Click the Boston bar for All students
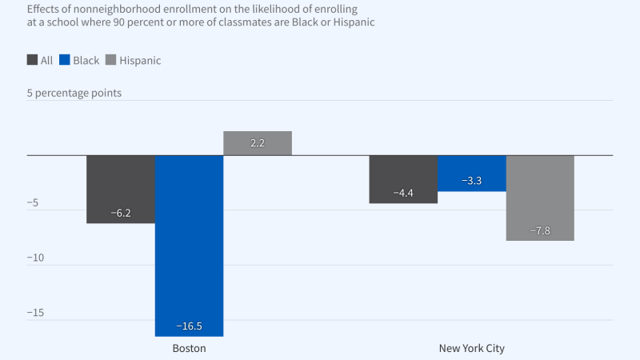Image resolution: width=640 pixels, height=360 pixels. click(x=120, y=189)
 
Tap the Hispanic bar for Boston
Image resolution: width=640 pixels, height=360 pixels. click(x=257, y=143)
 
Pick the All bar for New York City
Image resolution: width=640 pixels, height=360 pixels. click(x=403, y=179)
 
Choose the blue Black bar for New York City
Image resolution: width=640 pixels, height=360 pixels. click(x=472, y=173)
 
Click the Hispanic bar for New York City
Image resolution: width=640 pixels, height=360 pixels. click(x=540, y=198)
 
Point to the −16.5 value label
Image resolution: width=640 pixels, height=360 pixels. click(x=189, y=326)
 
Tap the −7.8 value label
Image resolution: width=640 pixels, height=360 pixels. click(x=540, y=231)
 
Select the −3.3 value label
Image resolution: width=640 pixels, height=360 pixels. click(x=472, y=182)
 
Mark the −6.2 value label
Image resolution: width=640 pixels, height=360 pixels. click(x=120, y=214)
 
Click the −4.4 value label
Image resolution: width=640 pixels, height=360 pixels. click(x=403, y=194)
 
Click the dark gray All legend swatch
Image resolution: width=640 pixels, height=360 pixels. click(x=32, y=60)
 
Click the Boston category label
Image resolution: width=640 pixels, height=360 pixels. click(x=189, y=349)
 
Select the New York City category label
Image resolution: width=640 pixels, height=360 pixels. click(x=472, y=349)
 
